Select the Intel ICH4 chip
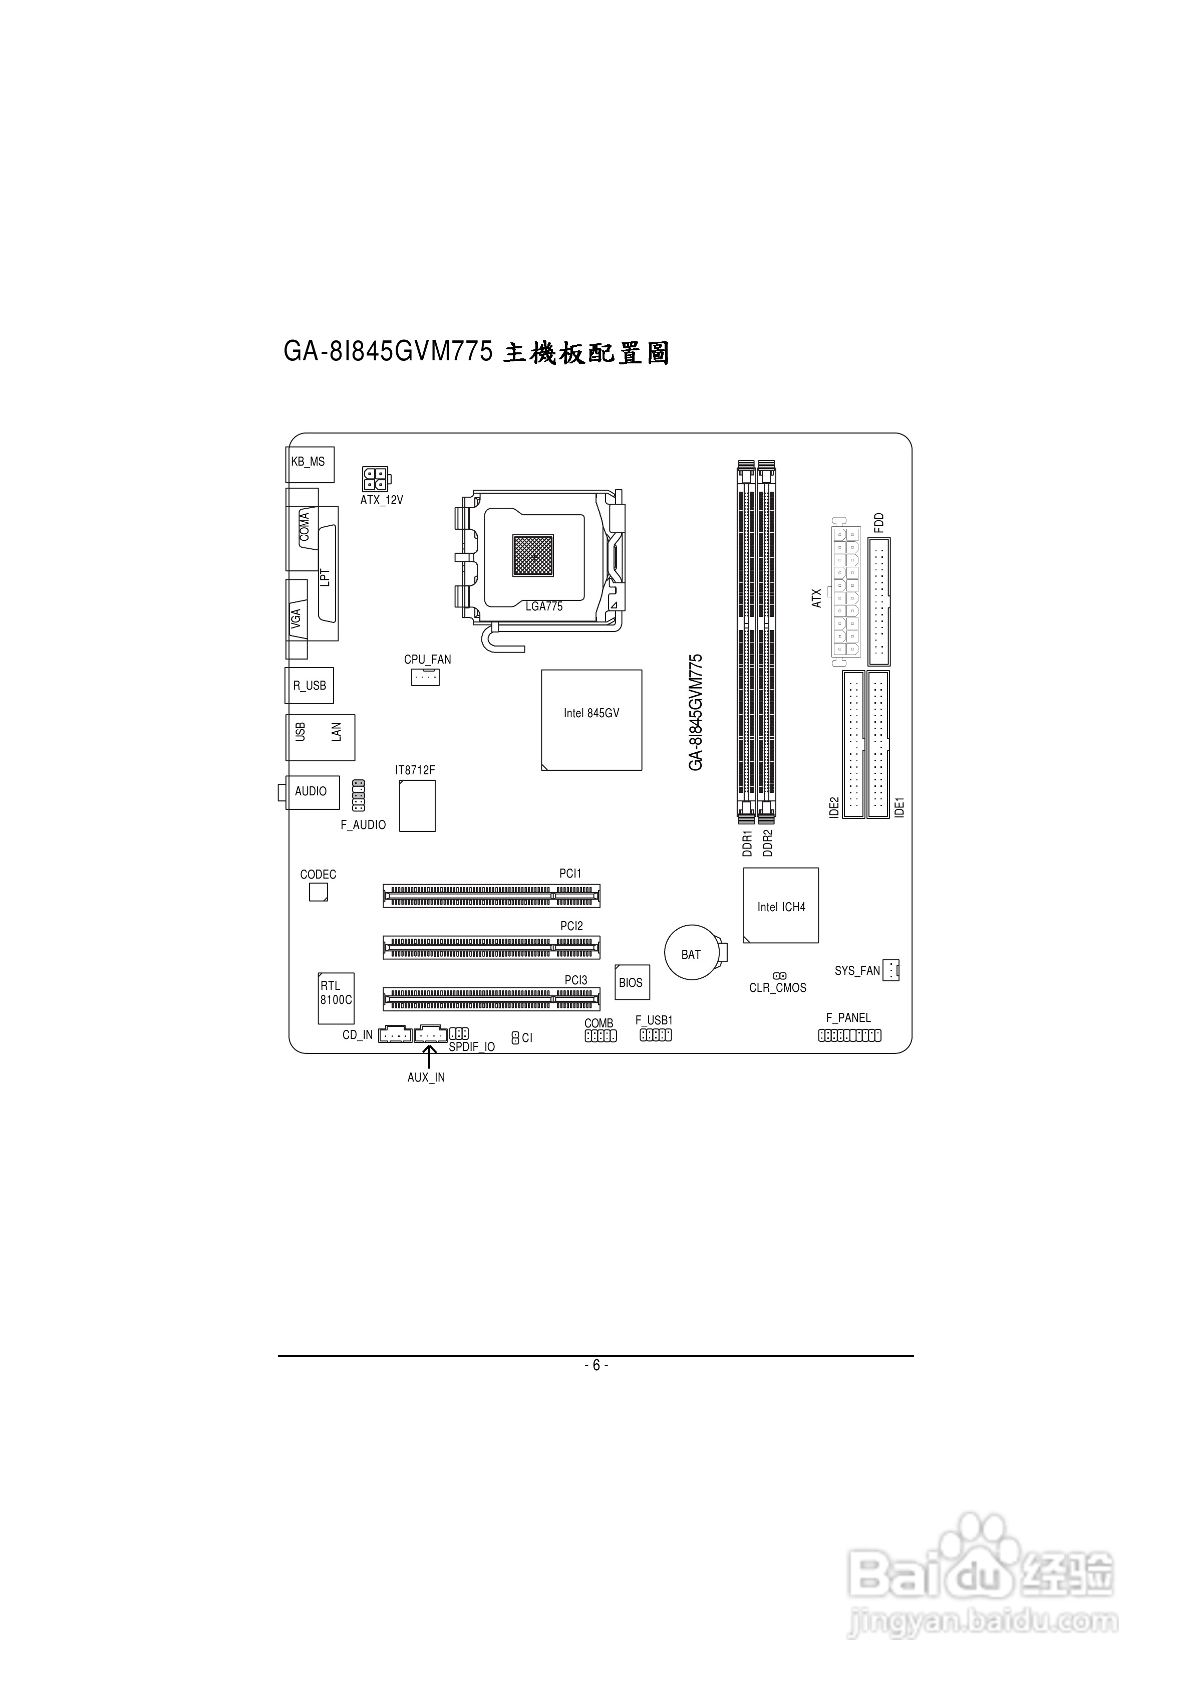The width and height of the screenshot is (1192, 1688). coord(780,905)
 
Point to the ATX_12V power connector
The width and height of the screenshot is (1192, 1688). coord(375,479)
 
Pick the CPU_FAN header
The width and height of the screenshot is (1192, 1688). coord(425,677)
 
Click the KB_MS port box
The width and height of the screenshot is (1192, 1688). coord(310,464)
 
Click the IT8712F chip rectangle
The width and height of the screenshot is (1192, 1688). coord(417,806)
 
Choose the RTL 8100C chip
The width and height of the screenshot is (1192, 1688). coord(336,998)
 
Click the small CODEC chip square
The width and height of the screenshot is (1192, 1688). coord(318,892)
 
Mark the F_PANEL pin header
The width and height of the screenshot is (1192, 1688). coord(849,1035)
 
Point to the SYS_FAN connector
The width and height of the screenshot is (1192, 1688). coord(890,970)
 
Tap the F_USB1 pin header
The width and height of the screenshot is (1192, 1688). coord(656,1035)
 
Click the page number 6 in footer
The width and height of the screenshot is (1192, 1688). coord(596,1365)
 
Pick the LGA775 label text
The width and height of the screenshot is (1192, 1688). coord(544,606)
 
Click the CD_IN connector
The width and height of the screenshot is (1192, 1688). coord(395,1034)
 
